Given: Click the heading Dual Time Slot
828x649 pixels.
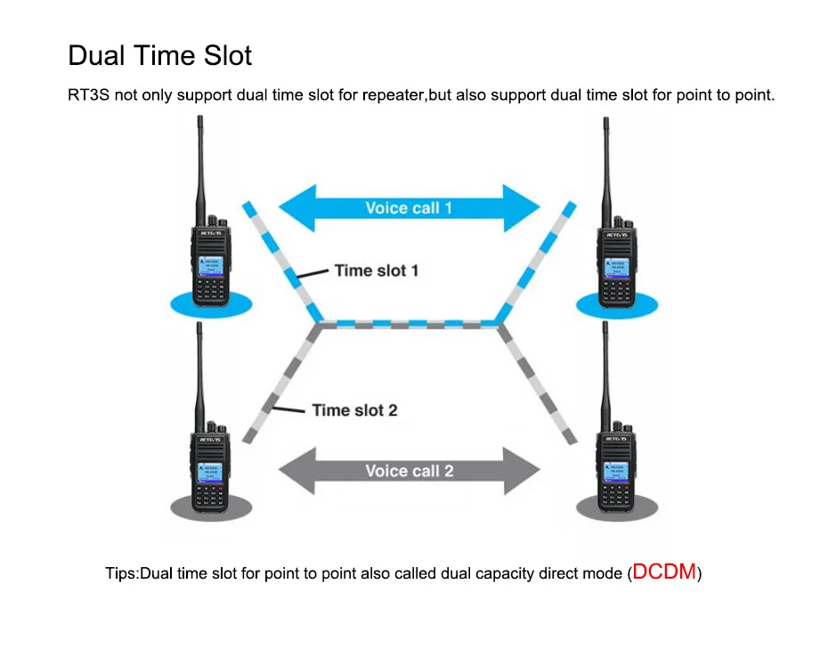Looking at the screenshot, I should [x=160, y=56].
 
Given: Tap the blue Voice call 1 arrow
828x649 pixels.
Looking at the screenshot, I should [x=409, y=208].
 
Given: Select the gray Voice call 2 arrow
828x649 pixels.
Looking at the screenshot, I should [x=409, y=471].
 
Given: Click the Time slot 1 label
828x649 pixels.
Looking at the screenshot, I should [x=376, y=270].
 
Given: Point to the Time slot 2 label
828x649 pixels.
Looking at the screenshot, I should [x=354, y=410].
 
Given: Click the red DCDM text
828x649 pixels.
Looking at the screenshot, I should [x=664, y=572].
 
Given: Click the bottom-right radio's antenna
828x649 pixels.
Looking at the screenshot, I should [x=606, y=374].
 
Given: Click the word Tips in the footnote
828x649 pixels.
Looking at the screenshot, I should [x=120, y=573].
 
